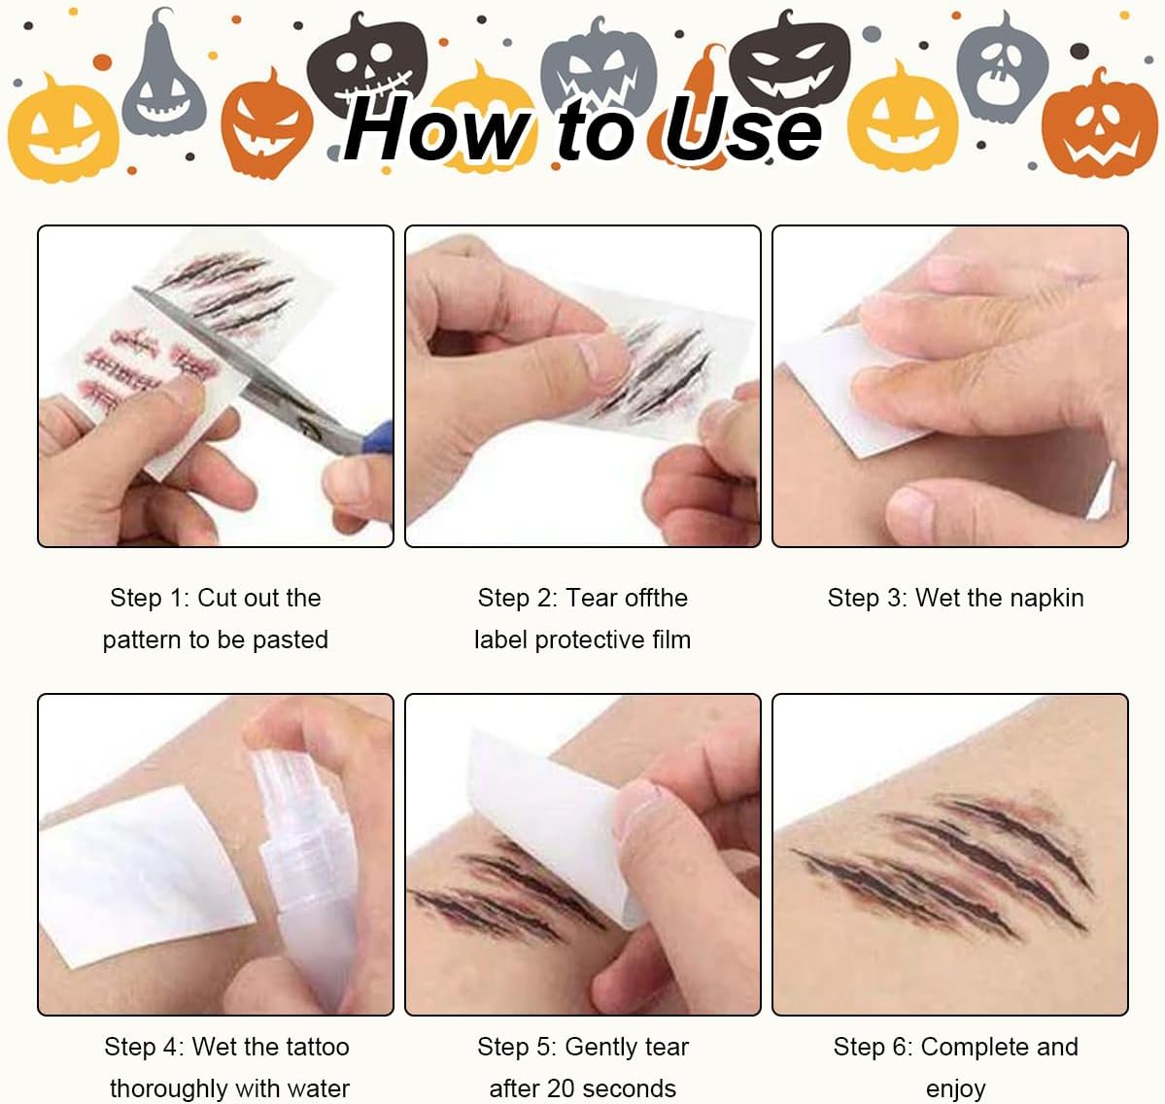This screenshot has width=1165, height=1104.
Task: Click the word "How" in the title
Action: tap(437, 129)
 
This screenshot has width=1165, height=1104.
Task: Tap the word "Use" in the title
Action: tap(743, 129)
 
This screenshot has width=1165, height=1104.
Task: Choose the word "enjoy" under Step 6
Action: tap(955, 1090)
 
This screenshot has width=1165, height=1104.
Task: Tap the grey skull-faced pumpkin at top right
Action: tap(1002, 71)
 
